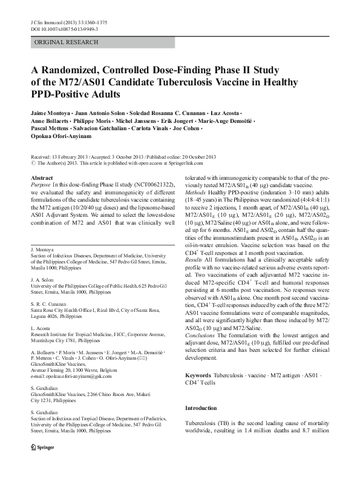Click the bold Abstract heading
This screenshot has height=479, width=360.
(41, 178)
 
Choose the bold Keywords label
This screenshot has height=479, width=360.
(198, 359)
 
